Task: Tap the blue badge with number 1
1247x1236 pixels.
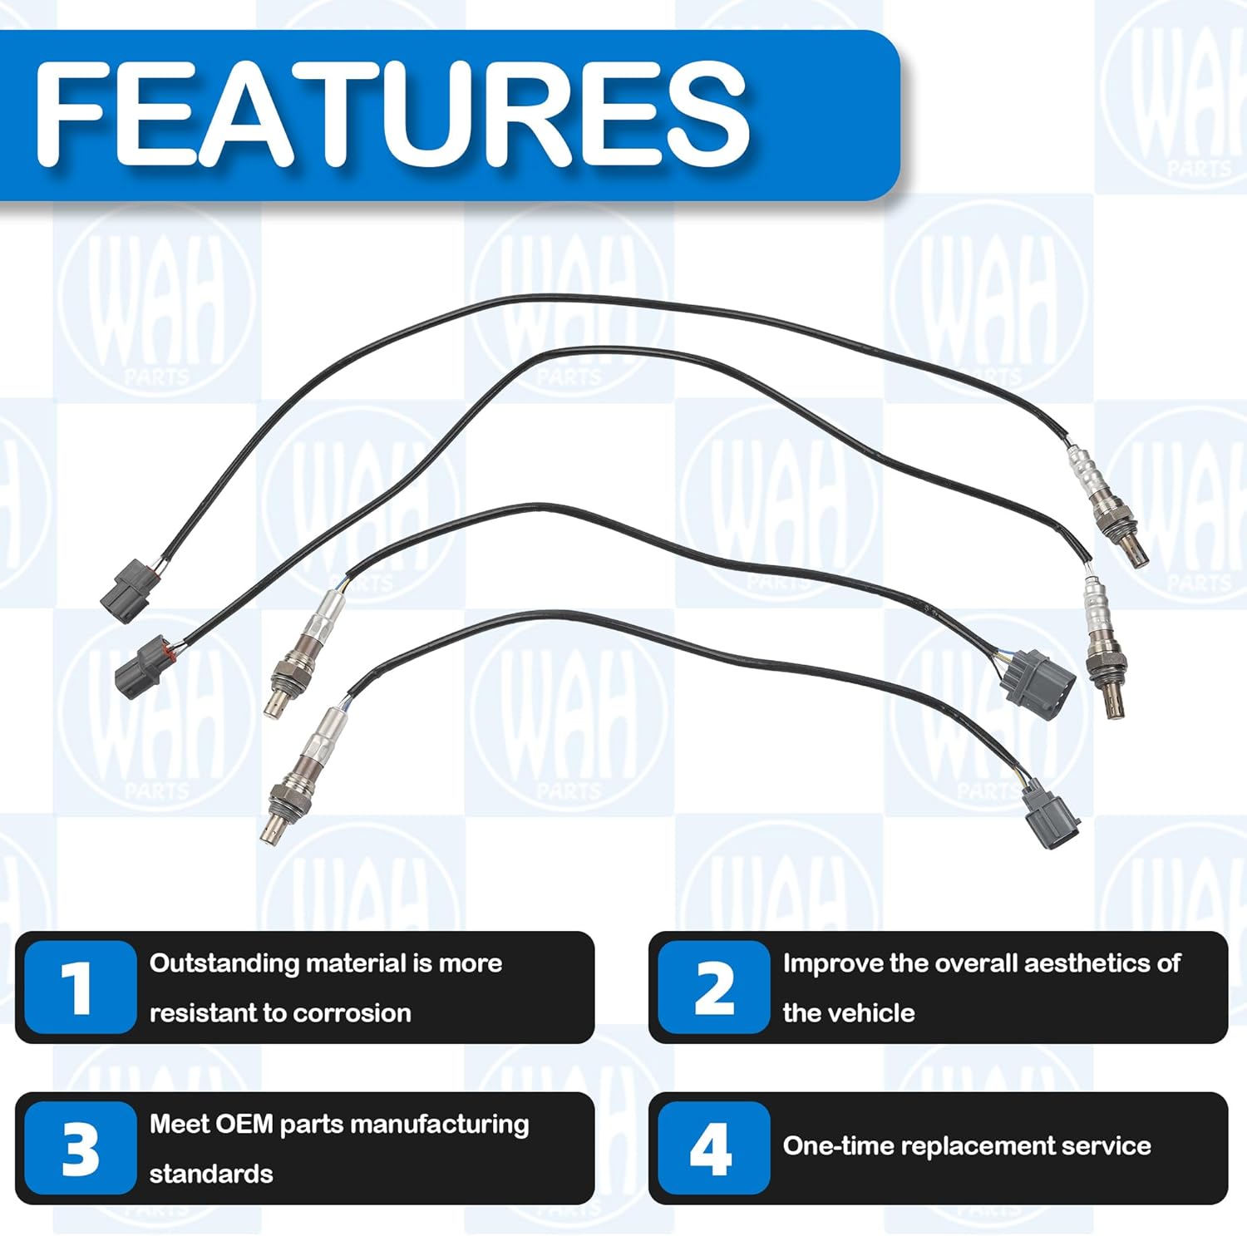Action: click(x=79, y=987)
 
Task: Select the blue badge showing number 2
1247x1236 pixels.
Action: click(x=713, y=987)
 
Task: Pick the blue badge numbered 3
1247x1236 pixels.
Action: click(x=79, y=1149)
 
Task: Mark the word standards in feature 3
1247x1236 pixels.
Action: click(x=211, y=1174)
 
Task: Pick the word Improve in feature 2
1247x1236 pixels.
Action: click(x=832, y=964)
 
